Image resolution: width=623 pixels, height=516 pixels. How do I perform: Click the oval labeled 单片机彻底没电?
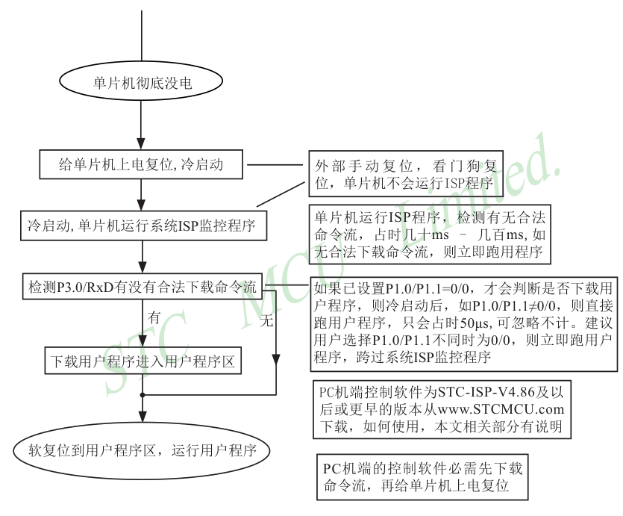pos(142,83)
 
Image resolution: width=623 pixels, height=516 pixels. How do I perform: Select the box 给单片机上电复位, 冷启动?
pos(142,164)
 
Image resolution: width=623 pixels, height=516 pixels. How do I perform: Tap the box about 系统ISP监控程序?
pos(142,226)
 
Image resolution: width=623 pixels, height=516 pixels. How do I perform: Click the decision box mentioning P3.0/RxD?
pos(142,286)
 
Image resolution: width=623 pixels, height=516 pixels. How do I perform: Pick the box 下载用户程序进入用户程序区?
pos(142,363)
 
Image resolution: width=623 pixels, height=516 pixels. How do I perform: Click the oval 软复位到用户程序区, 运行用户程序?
pos(142,451)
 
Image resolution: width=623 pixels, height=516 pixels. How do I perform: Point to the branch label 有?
pos(154,317)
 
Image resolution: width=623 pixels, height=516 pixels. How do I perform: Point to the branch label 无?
pos(266,322)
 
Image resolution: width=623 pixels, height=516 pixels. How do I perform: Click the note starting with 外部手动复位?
pos(407,175)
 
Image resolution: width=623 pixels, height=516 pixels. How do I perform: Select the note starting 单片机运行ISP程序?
pos(430,234)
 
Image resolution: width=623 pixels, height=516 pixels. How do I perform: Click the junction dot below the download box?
pos(142,394)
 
